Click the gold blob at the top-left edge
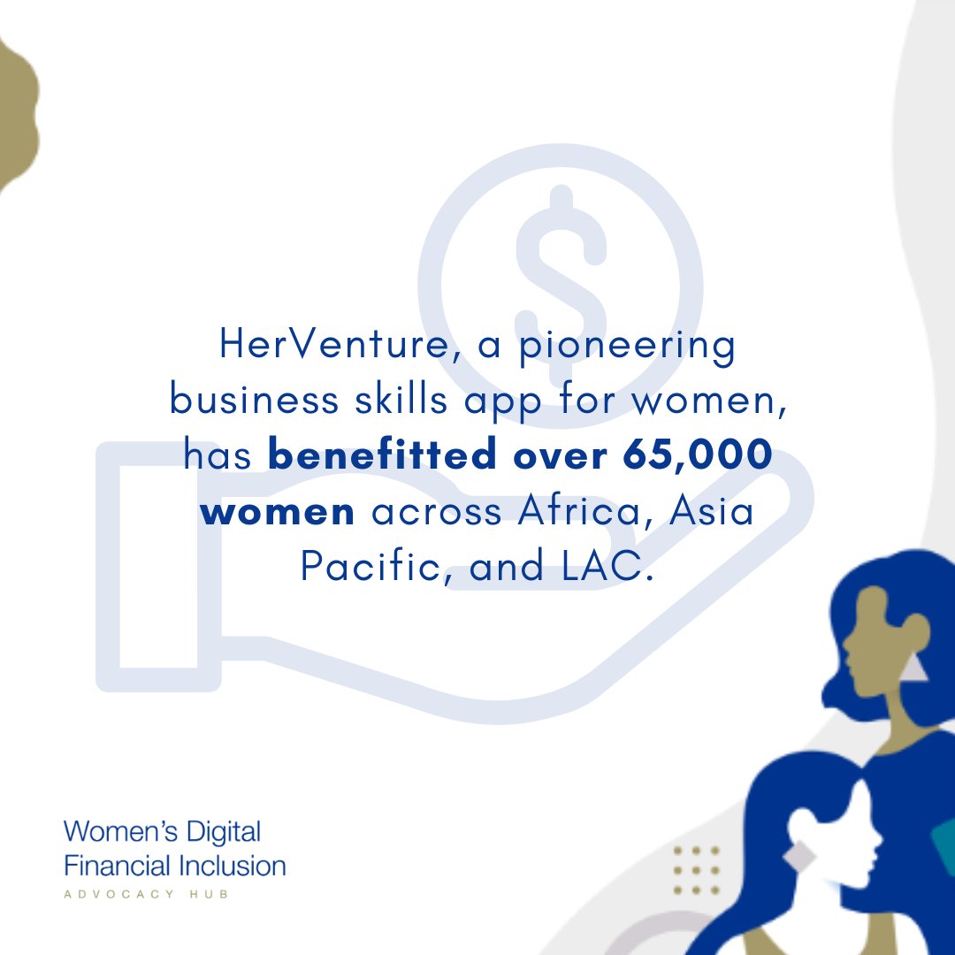point(16,115)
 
